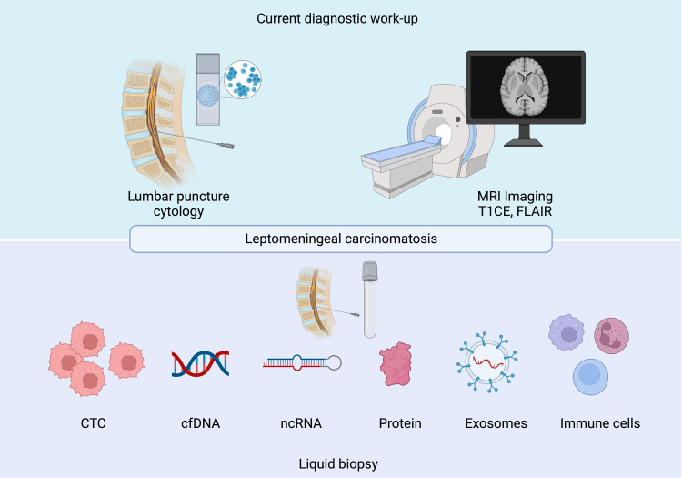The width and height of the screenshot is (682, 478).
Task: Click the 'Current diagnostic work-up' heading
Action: [x=340, y=18]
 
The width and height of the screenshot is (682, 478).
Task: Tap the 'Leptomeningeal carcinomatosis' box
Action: [x=341, y=239]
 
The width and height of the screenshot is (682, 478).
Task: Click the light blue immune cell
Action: [x=592, y=377]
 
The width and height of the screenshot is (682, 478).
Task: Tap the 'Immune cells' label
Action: [x=600, y=423]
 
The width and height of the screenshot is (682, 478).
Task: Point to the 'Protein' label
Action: [x=400, y=423]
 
